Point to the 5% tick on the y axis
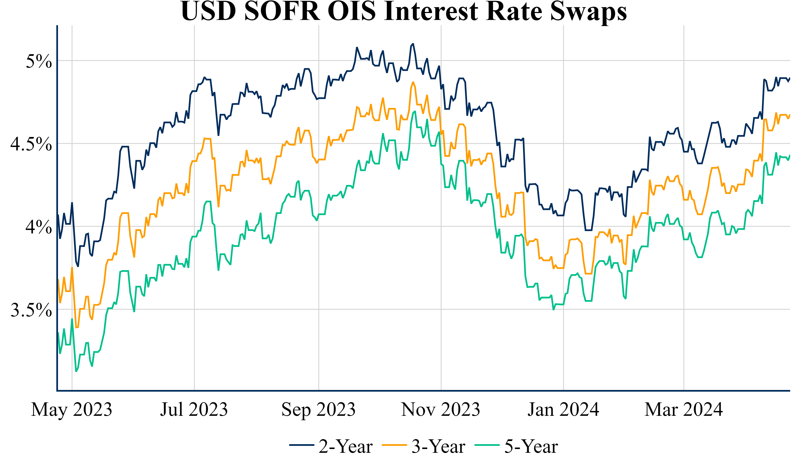tap(39, 61)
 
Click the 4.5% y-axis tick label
tap(31, 144)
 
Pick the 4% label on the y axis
tap(39, 227)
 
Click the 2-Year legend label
tap(345, 446)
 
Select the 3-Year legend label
tap(438, 446)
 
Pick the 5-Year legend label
tap(531, 446)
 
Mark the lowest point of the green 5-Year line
tap(76, 371)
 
